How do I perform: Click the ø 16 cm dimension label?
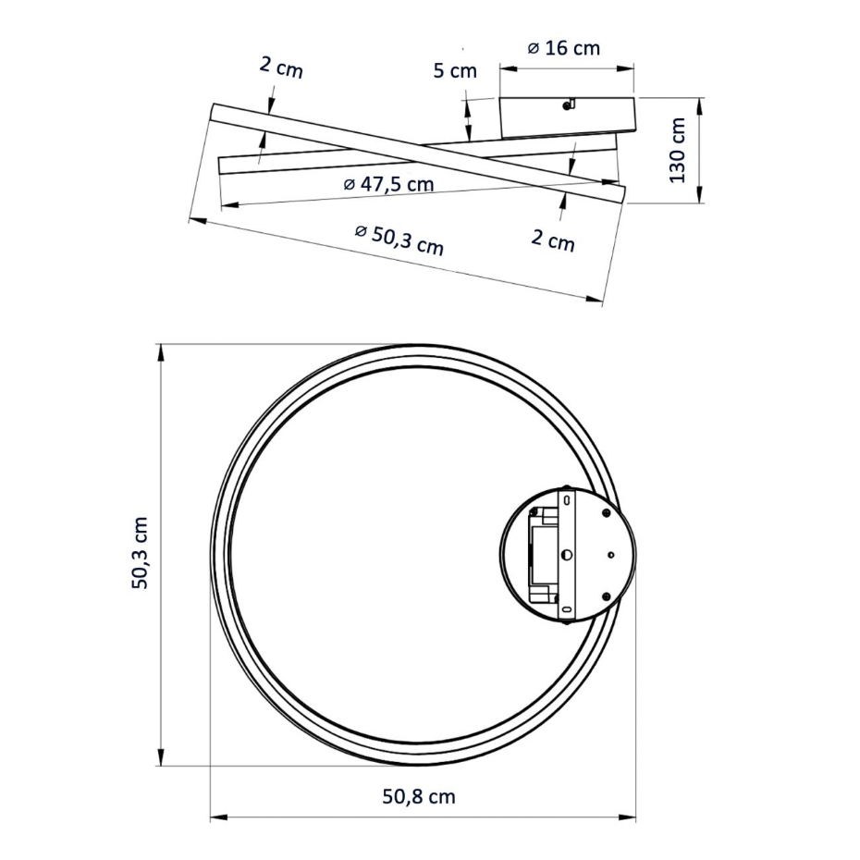pyautogui.click(x=564, y=48)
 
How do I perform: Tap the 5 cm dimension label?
pyautogui.click(x=455, y=71)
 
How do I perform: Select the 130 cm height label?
pyautogui.click(x=678, y=151)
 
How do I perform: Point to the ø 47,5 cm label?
pyautogui.click(x=388, y=184)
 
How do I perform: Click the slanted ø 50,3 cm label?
pyautogui.click(x=399, y=240)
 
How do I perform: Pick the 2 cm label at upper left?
pyautogui.click(x=281, y=68)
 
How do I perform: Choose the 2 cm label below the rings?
pyautogui.click(x=553, y=240)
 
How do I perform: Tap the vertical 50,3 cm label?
pyautogui.click(x=140, y=553)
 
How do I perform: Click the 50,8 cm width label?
pyautogui.click(x=419, y=796)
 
